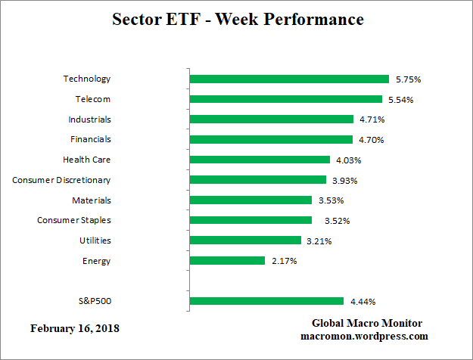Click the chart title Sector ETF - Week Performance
(x=238, y=20)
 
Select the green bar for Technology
(x=288, y=79)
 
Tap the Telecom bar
(x=285, y=99)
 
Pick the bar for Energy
(x=227, y=261)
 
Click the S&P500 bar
(x=266, y=301)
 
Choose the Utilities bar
(x=245, y=241)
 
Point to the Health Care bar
(x=260, y=160)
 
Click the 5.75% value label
(x=407, y=79)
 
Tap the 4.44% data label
(x=362, y=301)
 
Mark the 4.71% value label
(x=372, y=119)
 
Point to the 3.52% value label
(x=330, y=221)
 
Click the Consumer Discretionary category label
(x=61, y=180)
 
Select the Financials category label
(x=90, y=139)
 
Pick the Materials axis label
(x=92, y=200)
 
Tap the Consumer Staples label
(x=74, y=220)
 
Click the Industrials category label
(x=89, y=119)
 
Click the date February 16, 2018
(x=75, y=329)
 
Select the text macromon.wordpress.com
(x=364, y=336)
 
